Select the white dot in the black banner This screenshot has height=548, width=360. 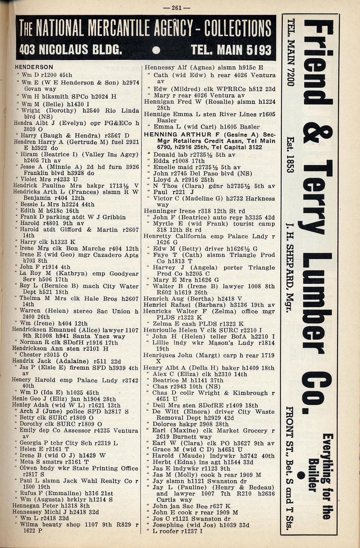click(156, 50)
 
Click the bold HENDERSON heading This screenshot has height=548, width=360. click(34, 67)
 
